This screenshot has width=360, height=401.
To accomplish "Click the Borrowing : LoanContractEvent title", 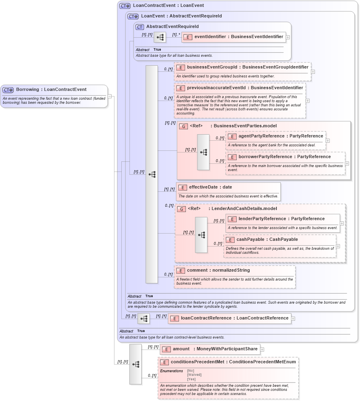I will click(51, 89).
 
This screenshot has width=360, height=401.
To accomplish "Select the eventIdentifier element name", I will click(239, 36).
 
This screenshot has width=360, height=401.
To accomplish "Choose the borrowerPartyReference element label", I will click(285, 157).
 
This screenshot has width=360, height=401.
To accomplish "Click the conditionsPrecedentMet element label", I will click(233, 362).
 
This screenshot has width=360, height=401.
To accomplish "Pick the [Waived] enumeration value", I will click(194, 375).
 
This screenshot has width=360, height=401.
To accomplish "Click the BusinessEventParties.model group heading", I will click(244, 126).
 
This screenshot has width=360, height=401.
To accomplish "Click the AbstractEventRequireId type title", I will click(172, 26).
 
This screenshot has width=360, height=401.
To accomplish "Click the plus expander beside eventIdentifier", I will click(288, 37).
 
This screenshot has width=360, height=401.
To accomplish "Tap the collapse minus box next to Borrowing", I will click(110, 96).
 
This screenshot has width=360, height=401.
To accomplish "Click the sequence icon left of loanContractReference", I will click(144, 319).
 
